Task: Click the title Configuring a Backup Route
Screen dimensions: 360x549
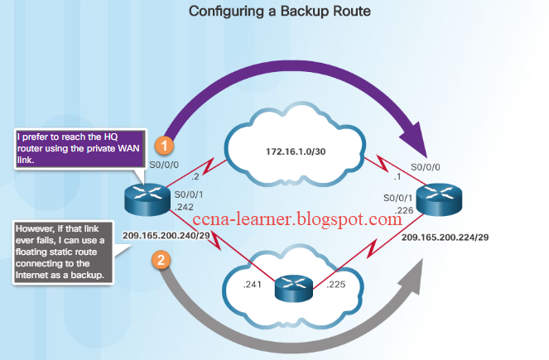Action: pyautogui.click(x=273, y=12)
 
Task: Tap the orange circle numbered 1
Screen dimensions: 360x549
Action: pyautogui.click(x=165, y=145)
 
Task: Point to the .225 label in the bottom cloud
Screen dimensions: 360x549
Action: pyautogui.click(x=336, y=285)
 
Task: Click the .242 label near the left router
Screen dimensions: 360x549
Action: pyautogui.click(x=185, y=207)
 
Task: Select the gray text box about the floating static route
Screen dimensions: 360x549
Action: pyautogui.click(x=60, y=252)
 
